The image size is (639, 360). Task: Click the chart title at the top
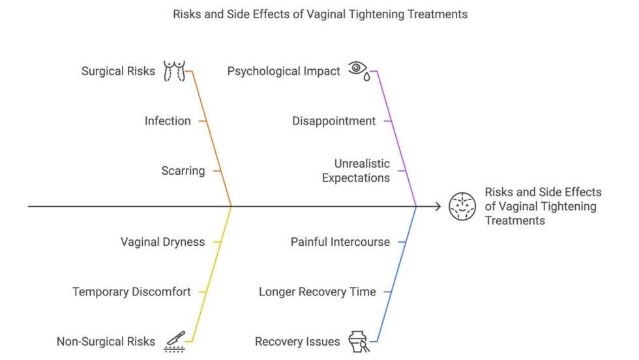(319, 14)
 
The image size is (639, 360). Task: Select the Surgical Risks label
(118, 71)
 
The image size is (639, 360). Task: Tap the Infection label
(168, 121)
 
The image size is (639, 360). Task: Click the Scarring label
(183, 171)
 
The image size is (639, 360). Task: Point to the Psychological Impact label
(284, 71)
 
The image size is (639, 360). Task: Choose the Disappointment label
(334, 121)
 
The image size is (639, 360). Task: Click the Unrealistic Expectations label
(356, 171)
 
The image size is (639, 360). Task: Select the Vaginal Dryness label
(162, 242)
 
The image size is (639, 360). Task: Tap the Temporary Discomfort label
(132, 292)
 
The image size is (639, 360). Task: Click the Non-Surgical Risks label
(106, 341)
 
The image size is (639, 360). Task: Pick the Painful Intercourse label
(340, 242)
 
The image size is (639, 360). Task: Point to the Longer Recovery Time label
(318, 292)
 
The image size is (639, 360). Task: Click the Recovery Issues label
(297, 341)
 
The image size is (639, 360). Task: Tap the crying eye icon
(358, 70)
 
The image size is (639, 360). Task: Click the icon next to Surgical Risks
(173, 70)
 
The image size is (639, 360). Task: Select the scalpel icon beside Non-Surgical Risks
(174, 341)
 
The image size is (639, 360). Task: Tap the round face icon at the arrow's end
(462, 206)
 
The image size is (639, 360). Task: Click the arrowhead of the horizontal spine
(438, 206)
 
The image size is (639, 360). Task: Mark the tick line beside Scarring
(218, 171)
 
